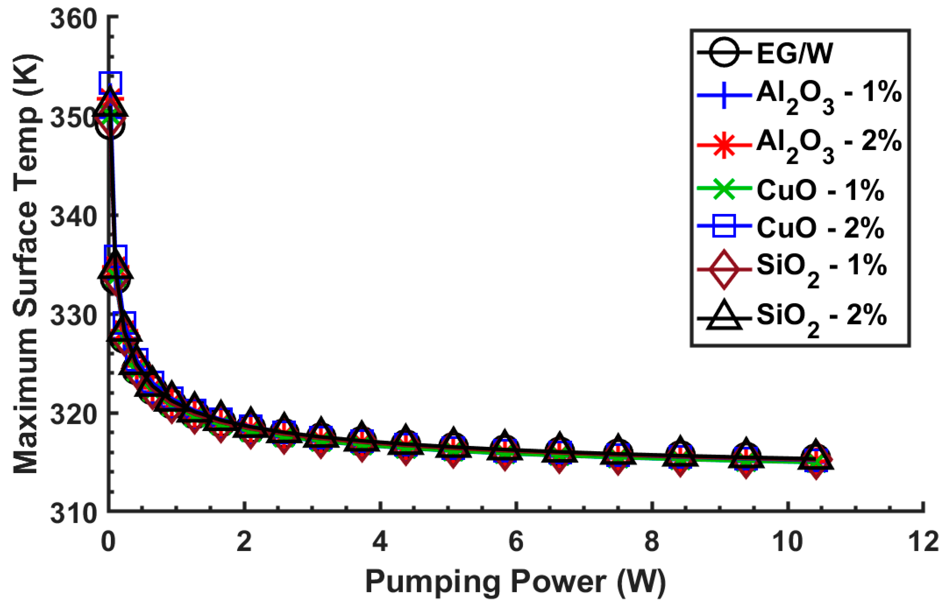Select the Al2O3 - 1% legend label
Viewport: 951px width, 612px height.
point(829,97)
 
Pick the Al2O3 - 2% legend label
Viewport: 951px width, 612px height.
point(829,145)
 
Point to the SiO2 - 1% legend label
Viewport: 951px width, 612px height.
point(822,268)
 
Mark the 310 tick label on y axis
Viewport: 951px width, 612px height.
point(74,513)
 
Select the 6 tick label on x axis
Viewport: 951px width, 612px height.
point(516,541)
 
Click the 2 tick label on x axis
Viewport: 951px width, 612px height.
point(244,541)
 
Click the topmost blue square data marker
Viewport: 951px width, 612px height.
point(111,83)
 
